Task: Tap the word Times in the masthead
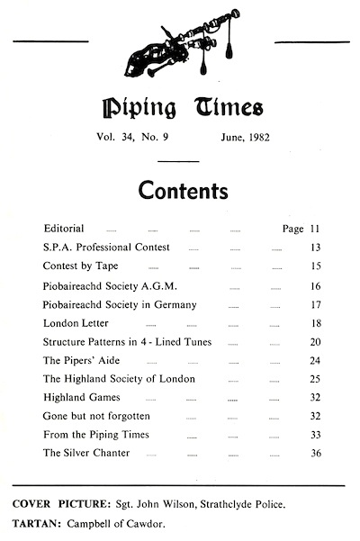click(x=224, y=111)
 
